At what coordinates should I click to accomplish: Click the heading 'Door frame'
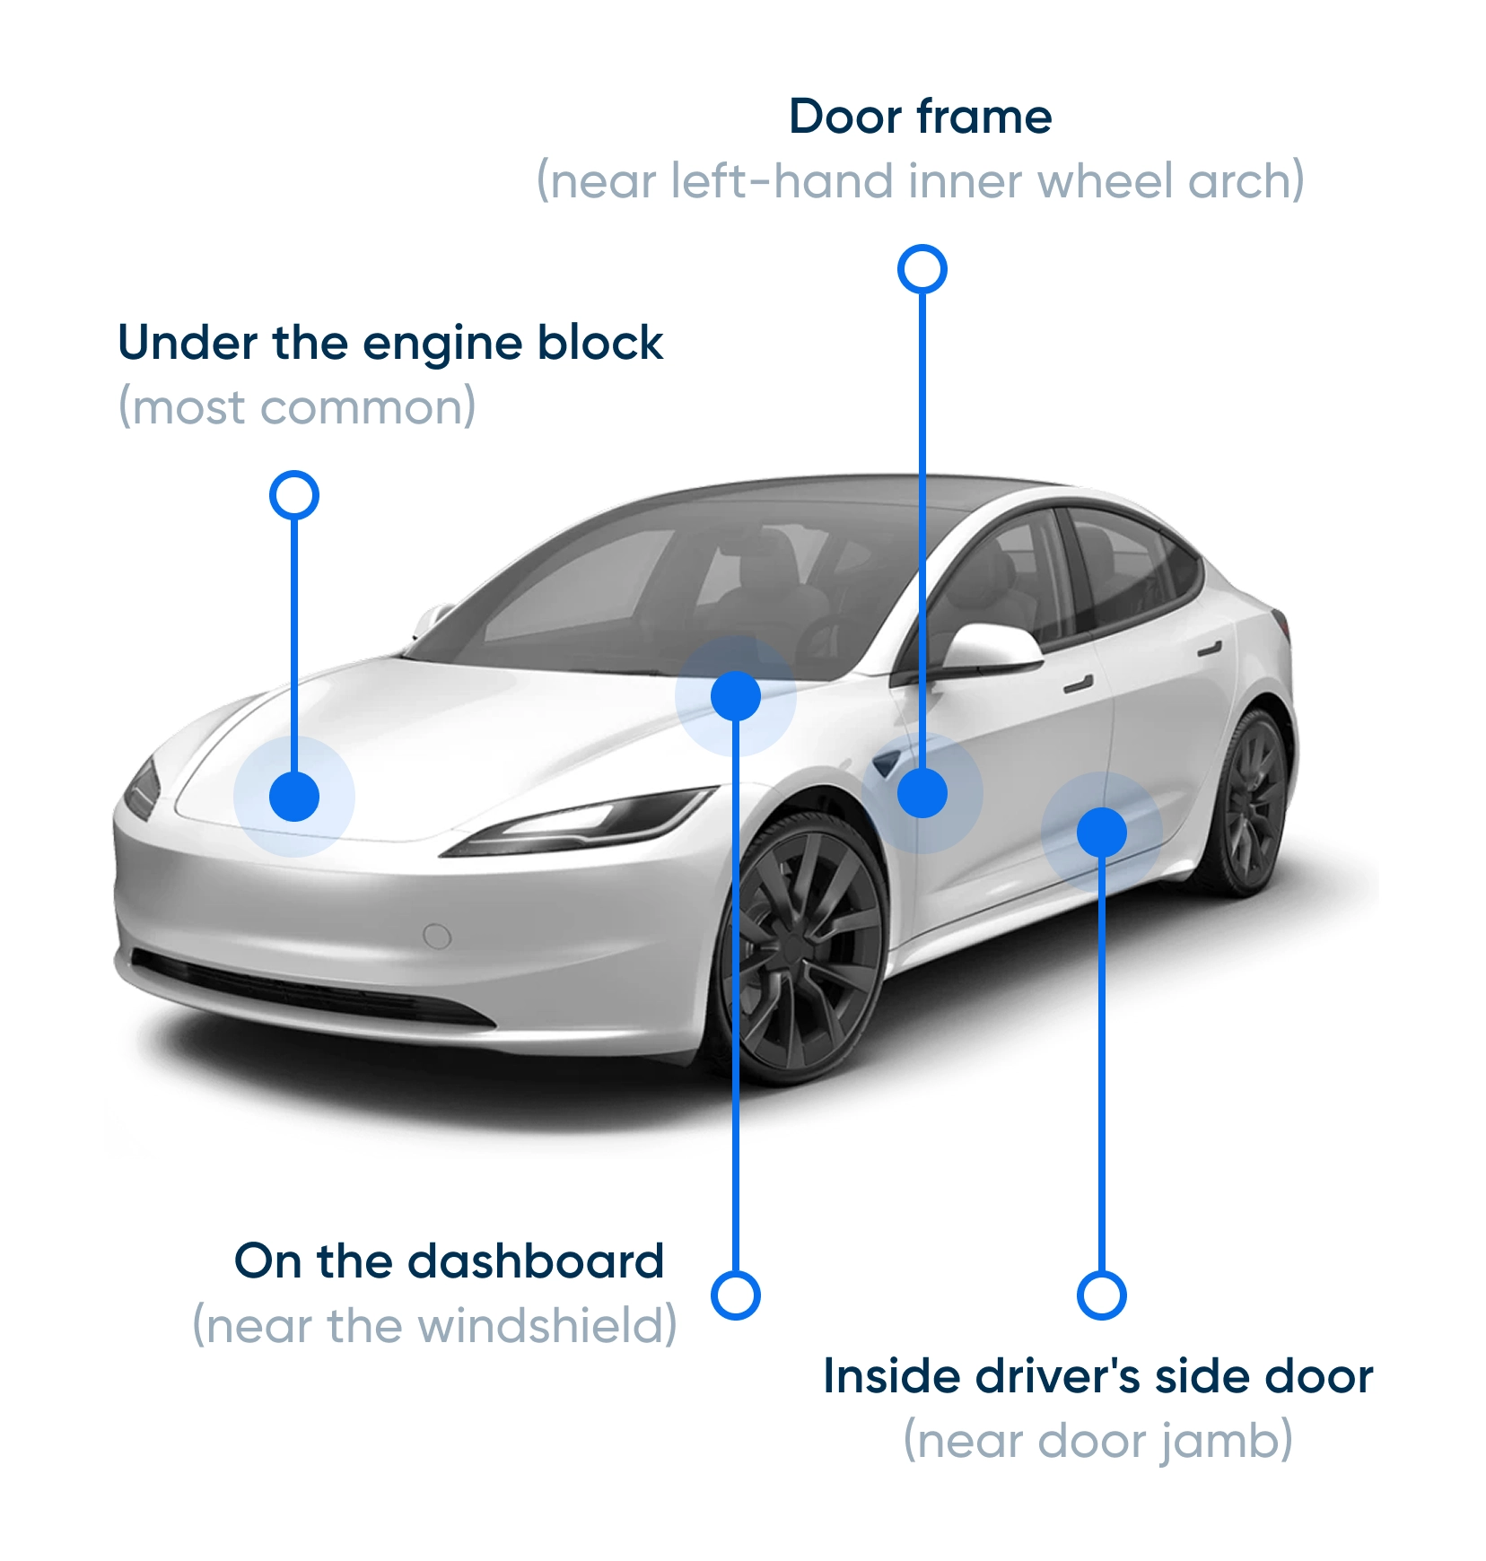(921, 117)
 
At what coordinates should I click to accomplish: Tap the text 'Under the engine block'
(390, 343)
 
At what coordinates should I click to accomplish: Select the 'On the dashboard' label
(449, 1260)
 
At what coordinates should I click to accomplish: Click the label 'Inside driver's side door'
(1098, 1376)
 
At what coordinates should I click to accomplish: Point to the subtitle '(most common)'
(297, 408)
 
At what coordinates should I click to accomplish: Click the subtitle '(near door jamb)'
(1098, 1442)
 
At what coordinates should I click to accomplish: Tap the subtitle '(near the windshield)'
(435, 1326)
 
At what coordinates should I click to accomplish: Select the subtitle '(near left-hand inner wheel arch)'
(921, 181)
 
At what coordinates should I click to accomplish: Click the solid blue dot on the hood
(294, 797)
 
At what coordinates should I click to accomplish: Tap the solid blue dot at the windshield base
(736, 696)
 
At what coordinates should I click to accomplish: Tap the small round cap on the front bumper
(437, 936)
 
